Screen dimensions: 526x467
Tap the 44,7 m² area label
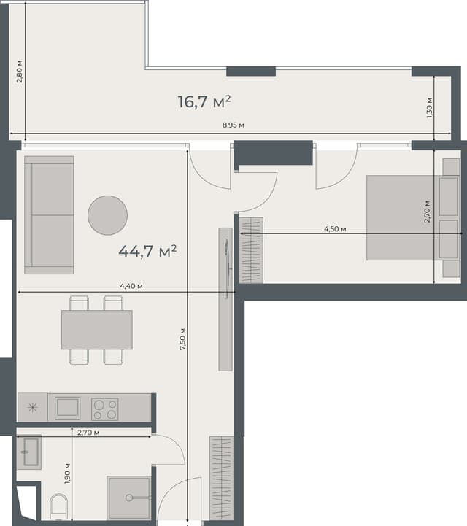click(147, 252)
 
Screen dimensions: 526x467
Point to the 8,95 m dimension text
click(233, 126)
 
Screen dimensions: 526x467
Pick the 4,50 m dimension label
click(335, 229)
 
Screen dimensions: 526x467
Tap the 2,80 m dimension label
click(20, 71)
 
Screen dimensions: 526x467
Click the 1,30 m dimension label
click(430, 107)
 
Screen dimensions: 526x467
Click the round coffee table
click(107, 215)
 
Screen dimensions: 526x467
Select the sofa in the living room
click(49, 214)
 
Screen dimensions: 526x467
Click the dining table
click(96, 330)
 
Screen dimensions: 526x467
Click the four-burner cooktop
click(104, 409)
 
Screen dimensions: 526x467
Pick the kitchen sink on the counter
click(68, 407)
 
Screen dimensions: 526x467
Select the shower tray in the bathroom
click(129, 498)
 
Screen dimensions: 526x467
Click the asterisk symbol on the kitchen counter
click(32, 407)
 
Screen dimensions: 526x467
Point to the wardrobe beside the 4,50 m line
click(250, 250)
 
